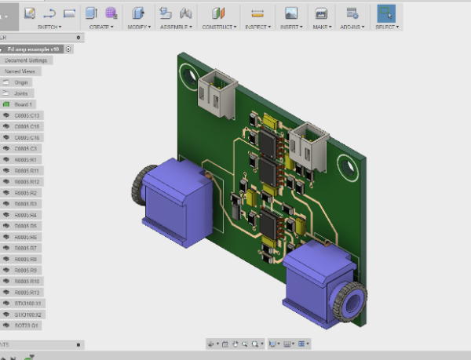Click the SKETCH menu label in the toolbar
click(50, 27)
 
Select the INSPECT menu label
click(257, 27)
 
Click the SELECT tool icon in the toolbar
click(386, 13)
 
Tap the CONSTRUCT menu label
click(219, 27)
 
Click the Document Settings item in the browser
click(26, 60)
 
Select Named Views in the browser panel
click(20, 71)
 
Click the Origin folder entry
click(21, 82)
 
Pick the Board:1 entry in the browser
click(23, 104)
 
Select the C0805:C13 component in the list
click(27, 115)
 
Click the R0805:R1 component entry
click(26, 159)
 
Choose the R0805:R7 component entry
click(26, 248)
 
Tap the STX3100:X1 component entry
click(28, 303)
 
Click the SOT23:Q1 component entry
click(27, 325)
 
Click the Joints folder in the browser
click(20, 93)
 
